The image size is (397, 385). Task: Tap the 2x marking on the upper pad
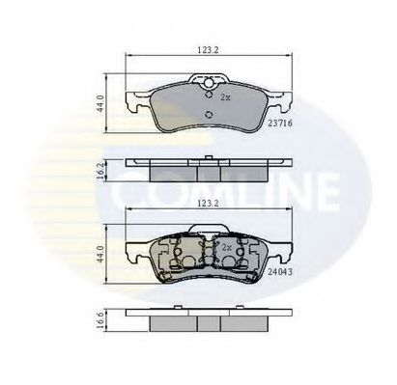pyautogui.click(x=225, y=98)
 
